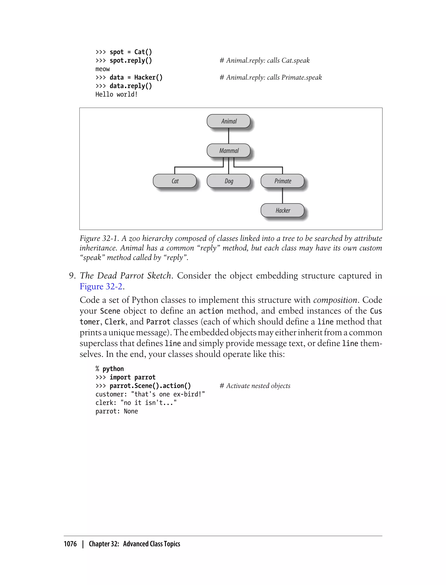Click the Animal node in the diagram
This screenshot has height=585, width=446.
pos(229,121)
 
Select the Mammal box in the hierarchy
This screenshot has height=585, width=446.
pos(229,151)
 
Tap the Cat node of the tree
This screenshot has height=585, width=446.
pos(175,181)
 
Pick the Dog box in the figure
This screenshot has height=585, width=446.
pos(229,181)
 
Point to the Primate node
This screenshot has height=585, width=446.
pos(282,181)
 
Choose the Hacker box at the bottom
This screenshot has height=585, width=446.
pos(282,210)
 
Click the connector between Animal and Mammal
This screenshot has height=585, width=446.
pos(229,136)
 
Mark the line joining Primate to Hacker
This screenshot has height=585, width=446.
pos(282,195)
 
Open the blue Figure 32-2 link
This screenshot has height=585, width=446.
pos(101,287)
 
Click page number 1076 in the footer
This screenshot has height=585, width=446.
pos(70,544)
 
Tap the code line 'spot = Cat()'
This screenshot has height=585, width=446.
pos(131,52)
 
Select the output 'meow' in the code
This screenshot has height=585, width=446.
pos(103,69)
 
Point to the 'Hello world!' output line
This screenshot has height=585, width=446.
pos(117,94)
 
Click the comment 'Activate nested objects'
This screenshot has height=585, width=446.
pos(258,386)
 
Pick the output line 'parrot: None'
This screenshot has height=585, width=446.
pos(117,411)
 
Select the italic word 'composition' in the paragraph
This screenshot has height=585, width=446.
pos(335,300)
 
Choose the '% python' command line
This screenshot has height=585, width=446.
pos(110,369)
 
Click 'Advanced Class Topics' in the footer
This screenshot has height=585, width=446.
pos(151,544)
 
